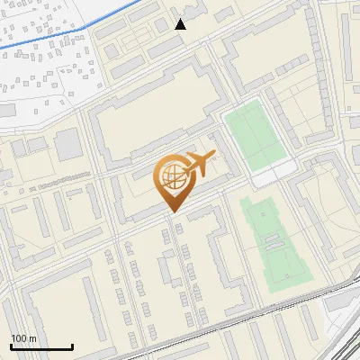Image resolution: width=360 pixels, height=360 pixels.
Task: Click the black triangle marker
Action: [x=181, y=24]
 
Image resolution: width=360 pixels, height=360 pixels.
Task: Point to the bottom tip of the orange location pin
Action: [x=173, y=212]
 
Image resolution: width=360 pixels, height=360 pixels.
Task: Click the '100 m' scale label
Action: [x=23, y=338]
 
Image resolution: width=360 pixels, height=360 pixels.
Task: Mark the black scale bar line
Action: [x=41, y=346]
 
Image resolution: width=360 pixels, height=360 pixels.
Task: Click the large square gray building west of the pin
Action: [x=67, y=143]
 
